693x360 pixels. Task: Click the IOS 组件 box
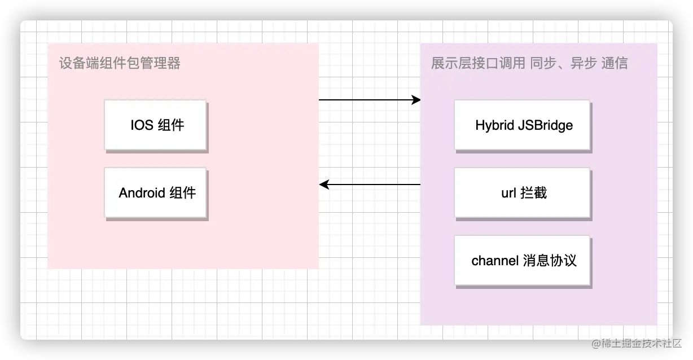(x=155, y=125)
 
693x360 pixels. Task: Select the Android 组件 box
(x=155, y=192)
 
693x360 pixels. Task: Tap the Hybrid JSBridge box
(x=522, y=125)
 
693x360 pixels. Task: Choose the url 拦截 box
(x=522, y=192)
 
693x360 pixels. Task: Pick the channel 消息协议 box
(x=522, y=260)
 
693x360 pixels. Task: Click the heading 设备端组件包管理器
(x=120, y=63)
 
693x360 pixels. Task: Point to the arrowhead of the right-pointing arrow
(x=417, y=100)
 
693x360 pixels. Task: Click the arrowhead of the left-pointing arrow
(x=323, y=185)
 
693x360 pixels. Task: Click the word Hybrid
(x=494, y=125)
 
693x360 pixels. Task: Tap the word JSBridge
(x=545, y=125)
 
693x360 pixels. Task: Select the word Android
(x=142, y=193)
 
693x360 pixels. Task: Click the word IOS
(x=142, y=125)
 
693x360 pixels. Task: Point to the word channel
(x=495, y=261)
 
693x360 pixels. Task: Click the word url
(x=508, y=193)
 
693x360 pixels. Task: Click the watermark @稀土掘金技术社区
(x=635, y=343)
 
